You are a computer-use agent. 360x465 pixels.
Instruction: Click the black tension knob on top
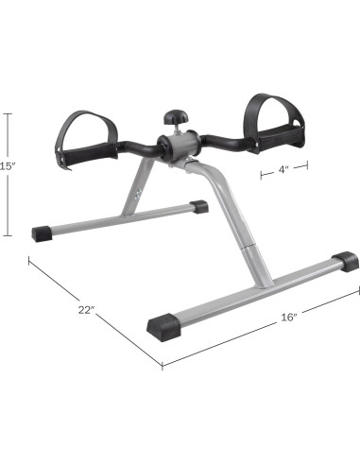coord(176,116)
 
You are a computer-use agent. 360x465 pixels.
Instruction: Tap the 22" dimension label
coord(86,310)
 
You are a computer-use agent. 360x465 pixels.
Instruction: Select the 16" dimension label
coord(289,318)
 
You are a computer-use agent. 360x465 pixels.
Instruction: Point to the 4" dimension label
coord(283,169)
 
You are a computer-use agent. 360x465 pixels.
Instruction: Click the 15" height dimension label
coord(6,166)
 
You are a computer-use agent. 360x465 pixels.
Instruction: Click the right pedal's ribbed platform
coord(277,139)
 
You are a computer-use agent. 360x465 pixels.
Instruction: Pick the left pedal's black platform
coord(89,155)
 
